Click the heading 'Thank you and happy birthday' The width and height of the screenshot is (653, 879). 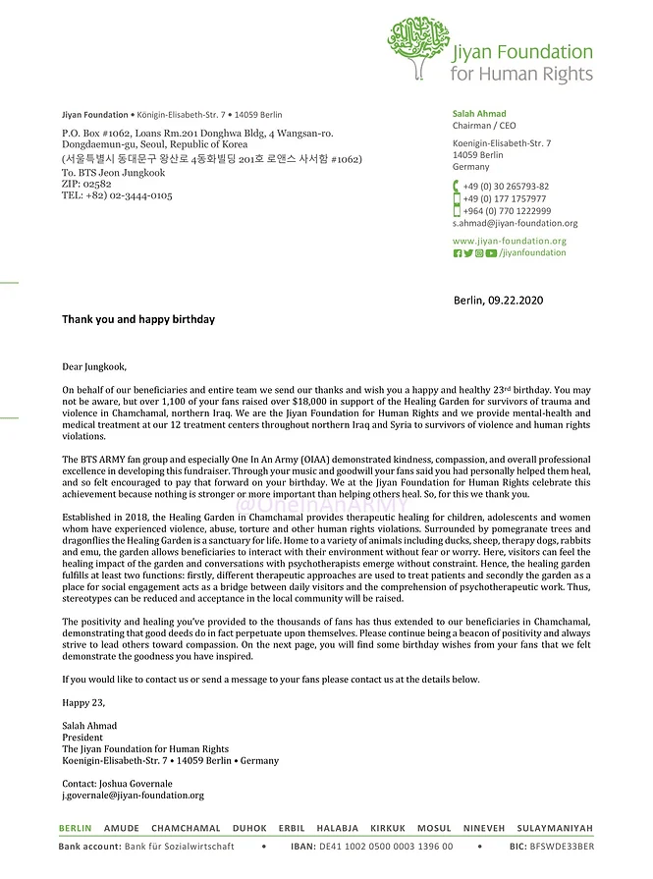(x=138, y=319)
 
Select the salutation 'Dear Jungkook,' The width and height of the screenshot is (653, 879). (x=94, y=367)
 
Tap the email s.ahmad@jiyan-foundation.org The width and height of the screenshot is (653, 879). (x=515, y=223)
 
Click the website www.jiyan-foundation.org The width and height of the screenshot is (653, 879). (x=510, y=241)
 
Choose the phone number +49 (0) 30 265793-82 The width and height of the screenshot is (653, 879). (x=506, y=187)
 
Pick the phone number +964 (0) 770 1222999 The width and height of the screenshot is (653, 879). (x=507, y=210)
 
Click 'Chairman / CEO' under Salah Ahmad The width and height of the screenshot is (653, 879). (x=485, y=126)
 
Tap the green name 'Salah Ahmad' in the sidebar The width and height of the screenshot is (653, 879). (x=479, y=114)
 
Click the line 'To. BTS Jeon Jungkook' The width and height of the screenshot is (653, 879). (x=114, y=173)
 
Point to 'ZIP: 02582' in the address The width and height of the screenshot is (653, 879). (x=86, y=184)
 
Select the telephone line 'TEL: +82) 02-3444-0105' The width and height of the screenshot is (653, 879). (x=117, y=195)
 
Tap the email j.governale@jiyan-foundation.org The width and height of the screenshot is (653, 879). (x=133, y=796)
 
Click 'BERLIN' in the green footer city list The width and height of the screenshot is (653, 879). (x=76, y=829)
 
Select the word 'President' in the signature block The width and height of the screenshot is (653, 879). (x=82, y=738)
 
